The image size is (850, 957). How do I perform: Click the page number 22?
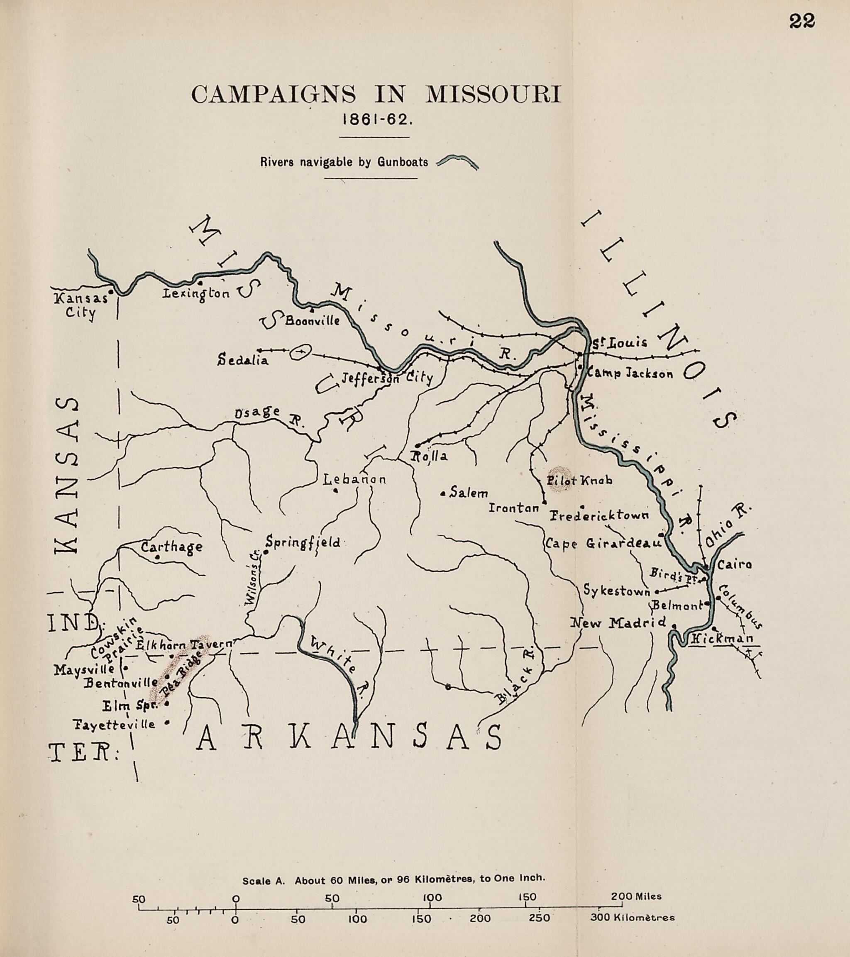click(802, 21)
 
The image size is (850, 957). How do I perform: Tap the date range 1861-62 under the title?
click(377, 120)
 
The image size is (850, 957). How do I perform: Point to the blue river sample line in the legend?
click(457, 162)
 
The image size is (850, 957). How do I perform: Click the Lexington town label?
click(196, 293)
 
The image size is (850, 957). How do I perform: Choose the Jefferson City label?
click(386, 378)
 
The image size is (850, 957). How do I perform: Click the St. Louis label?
click(619, 342)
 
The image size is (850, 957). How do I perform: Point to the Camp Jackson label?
click(630, 373)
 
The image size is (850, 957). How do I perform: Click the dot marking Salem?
click(442, 493)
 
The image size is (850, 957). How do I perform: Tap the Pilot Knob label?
click(579, 481)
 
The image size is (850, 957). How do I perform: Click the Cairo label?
click(734, 565)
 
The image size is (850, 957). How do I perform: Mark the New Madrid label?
click(618, 623)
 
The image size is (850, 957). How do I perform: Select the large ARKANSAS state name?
click(349, 739)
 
